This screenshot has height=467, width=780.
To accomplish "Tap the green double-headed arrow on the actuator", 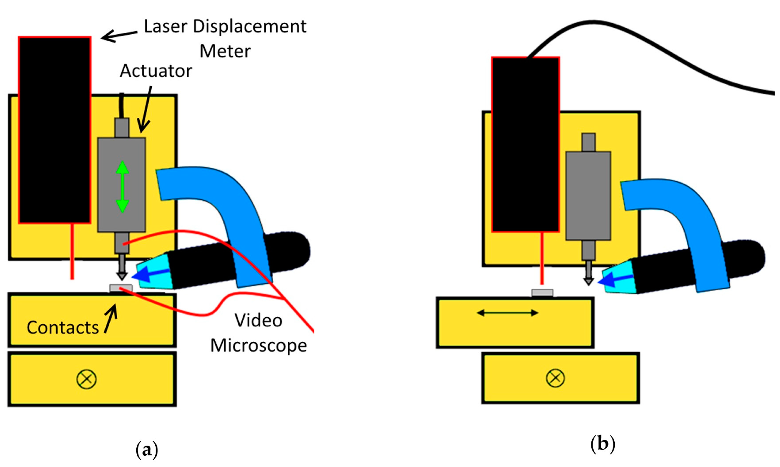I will point(122,187).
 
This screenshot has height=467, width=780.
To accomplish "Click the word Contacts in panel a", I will point(63,327).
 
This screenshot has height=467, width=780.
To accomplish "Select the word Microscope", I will point(259,346).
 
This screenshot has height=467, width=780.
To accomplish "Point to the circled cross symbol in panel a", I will point(86,379).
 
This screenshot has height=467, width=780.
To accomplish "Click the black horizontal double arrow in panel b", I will point(508,313).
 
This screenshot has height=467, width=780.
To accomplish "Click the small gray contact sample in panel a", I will point(121,288).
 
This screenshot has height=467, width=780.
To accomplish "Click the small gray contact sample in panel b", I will point(542,293).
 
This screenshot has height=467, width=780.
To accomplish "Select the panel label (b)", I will point(602,444).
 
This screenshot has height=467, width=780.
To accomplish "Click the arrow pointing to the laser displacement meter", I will point(119,36).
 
